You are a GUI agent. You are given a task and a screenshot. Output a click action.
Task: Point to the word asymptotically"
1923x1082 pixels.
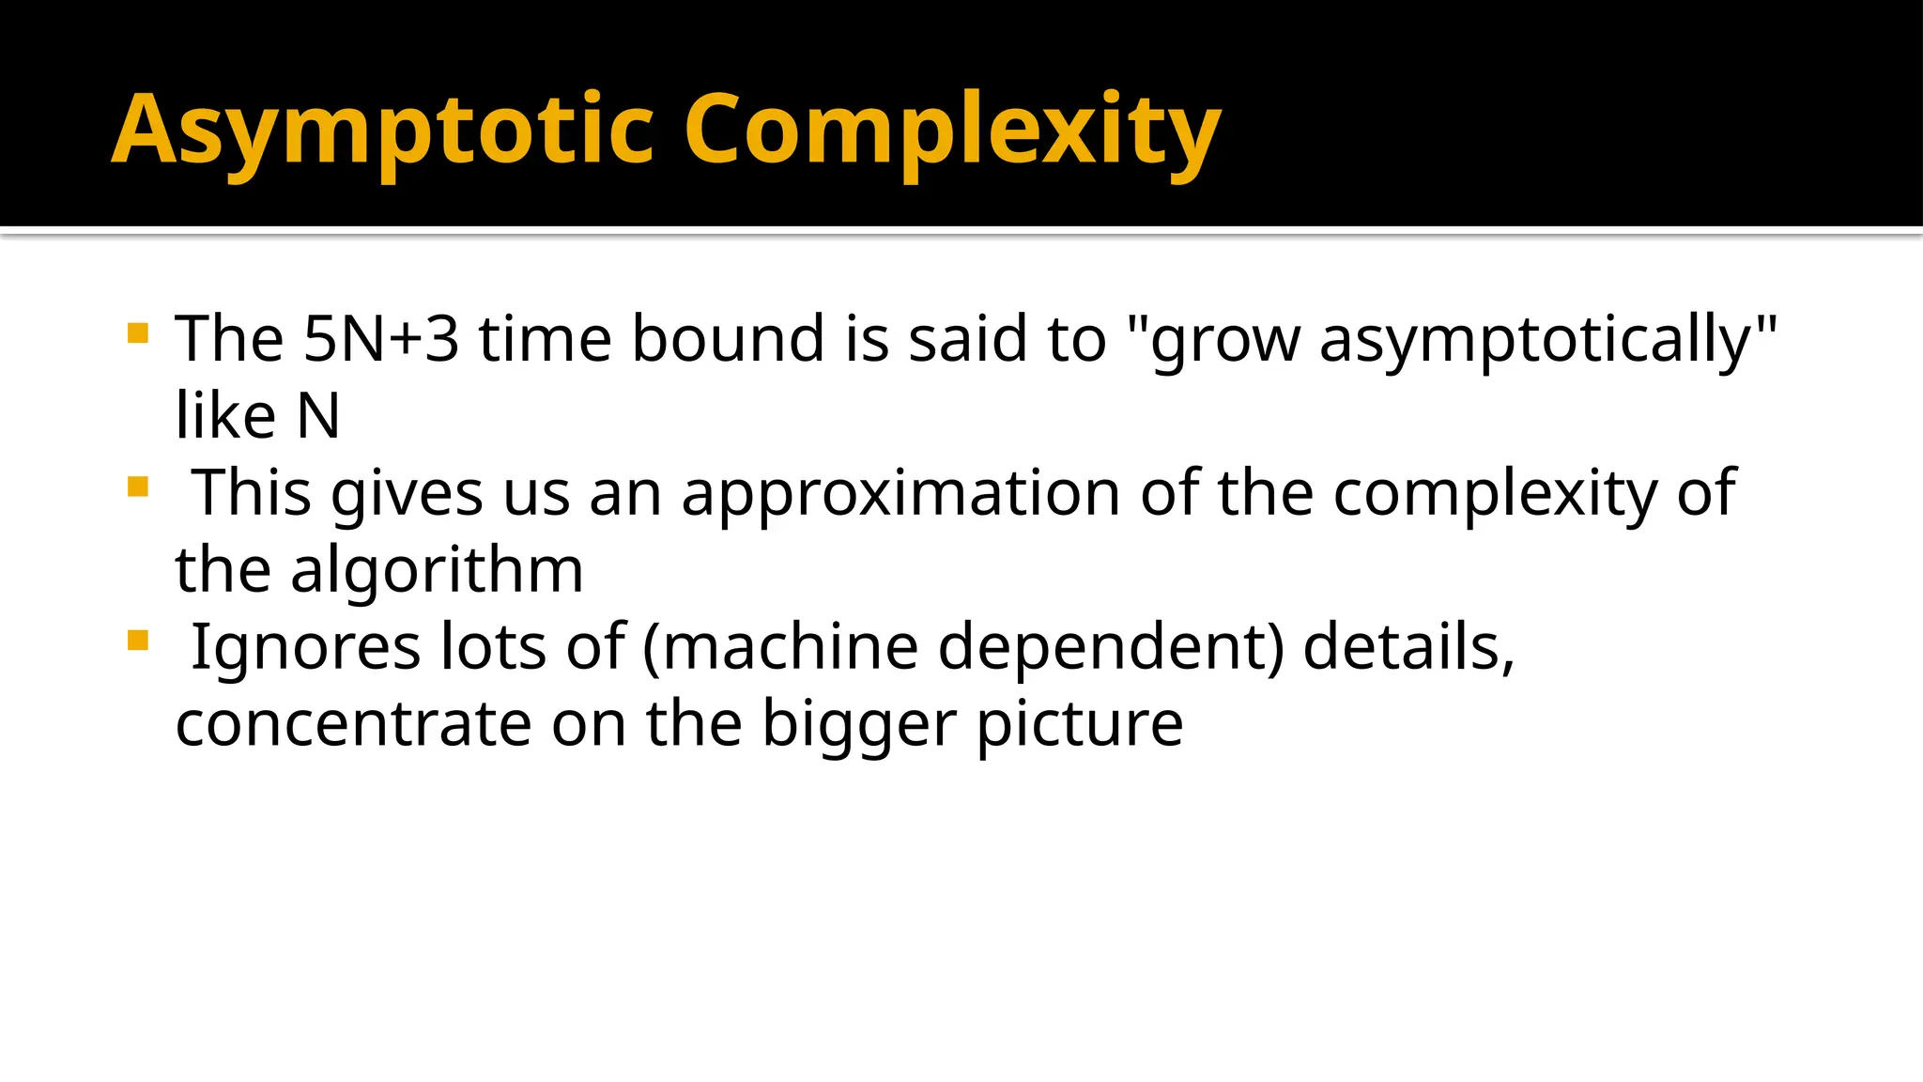coord(1548,340)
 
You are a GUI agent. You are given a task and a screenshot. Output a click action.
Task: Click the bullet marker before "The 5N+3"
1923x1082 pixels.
coord(138,333)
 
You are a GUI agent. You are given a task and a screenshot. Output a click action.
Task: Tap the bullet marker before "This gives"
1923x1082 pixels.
coord(138,487)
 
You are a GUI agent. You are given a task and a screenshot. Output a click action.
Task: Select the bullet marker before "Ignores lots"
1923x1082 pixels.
coord(138,641)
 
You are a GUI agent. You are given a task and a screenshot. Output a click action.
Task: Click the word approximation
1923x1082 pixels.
coord(900,494)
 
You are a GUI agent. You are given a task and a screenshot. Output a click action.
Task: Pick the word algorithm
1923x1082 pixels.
coord(437,570)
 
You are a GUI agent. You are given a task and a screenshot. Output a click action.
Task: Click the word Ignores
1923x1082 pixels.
coord(306,648)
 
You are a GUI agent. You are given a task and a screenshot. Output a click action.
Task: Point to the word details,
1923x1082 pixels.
coord(1408,648)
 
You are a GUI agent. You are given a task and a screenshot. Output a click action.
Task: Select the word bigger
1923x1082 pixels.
coord(858,726)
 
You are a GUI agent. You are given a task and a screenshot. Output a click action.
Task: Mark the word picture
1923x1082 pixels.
coord(1080,726)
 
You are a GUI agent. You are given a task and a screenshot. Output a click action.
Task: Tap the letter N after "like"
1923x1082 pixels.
coord(318,416)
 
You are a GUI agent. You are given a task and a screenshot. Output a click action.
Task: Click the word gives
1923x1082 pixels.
coord(407,494)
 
